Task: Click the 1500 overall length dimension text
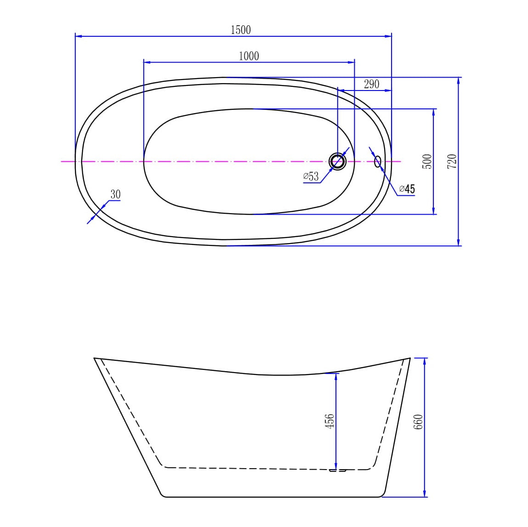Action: (240, 30)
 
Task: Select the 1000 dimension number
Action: (249, 56)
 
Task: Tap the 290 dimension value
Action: (371, 84)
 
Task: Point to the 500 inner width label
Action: (427, 161)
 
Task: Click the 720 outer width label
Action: (452, 161)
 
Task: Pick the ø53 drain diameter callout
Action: (311, 176)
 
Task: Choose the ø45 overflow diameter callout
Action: (407, 189)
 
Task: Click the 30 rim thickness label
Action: (115, 194)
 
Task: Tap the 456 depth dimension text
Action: (329, 421)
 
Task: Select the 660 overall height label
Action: (418, 422)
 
